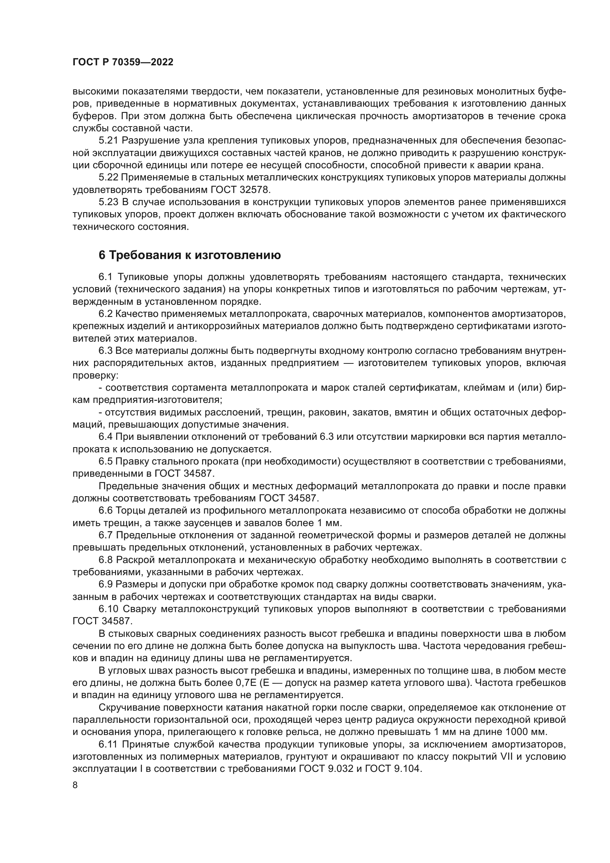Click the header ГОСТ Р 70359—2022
coord(123,62)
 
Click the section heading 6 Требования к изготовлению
coord(189,255)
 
